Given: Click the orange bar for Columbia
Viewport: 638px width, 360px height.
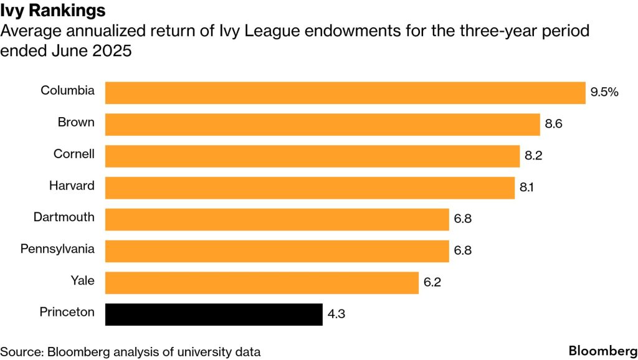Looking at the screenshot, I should coord(345,92).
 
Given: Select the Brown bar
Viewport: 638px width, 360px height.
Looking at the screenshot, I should coord(322,124).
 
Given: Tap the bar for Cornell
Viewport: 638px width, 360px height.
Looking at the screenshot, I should coord(312,156).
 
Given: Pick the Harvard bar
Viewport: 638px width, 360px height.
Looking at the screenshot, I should coord(310,187).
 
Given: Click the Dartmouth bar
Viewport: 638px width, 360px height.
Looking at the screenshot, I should coord(277,219).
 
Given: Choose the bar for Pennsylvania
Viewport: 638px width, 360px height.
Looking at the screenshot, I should coord(277,251).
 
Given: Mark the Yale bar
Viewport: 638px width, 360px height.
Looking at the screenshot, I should coord(262,282).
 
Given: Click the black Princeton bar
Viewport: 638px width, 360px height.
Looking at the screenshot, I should coord(214,314).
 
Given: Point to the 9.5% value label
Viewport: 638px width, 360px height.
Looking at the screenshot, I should coord(604,92).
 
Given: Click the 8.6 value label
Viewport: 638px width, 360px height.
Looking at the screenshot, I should coord(553,124).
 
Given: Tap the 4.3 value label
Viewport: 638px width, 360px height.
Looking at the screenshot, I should coord(336,314).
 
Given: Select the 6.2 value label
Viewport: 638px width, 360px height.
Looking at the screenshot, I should coord(432,282).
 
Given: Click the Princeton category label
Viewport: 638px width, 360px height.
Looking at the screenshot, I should coord(67,312).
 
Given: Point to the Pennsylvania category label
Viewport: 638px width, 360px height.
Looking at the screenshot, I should coord(57,249).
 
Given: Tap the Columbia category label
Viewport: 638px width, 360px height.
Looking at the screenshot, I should coord(67,91).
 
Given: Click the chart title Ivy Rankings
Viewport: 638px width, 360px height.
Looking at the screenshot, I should coord(53,11).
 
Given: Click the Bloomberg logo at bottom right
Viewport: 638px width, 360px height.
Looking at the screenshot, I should coord(600,350).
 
